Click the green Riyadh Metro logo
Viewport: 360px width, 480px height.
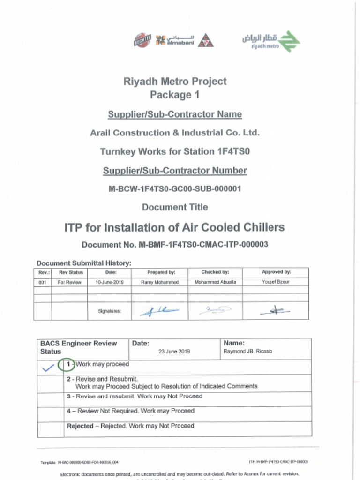[271, 41]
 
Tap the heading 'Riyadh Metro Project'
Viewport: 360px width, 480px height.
[175, 82]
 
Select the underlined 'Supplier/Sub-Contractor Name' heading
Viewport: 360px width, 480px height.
[175, 114]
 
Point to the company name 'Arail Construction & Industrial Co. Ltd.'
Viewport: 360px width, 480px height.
[175, 133]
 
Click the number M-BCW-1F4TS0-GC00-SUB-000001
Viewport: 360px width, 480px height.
[175, 189]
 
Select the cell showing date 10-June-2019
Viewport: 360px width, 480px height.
[109, 282]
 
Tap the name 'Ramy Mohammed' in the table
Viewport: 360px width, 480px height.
[159, 282]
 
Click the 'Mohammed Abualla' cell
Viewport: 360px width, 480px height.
[215, 282]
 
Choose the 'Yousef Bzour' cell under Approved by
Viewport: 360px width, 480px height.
[276, 282]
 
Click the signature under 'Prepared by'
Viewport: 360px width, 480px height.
[159, 310]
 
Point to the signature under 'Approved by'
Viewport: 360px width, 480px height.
[276, 310]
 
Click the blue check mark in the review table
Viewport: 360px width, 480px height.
[48, 368]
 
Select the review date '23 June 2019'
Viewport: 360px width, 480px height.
[174, 352]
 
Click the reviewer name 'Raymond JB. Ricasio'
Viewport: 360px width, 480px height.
[247, 352]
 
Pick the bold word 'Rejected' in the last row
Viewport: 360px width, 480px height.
[81, 426]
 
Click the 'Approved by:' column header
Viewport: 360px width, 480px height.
[276, 272]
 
